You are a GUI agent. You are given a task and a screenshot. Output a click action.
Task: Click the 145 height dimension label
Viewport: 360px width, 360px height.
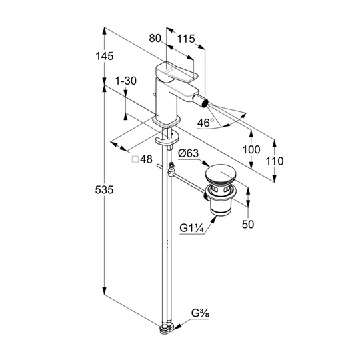pos(105,56)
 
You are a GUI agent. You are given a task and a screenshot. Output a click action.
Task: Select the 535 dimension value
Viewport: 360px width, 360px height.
pos(104,190)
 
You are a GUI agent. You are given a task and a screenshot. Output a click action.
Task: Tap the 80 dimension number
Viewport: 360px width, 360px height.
pos(155,38)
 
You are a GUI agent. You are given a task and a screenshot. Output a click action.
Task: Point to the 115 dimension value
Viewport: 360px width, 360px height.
pos(186,39)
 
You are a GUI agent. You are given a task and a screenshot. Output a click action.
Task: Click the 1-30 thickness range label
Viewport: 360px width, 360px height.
pos(126,81)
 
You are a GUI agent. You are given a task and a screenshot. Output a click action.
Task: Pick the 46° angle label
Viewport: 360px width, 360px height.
pos(205,123)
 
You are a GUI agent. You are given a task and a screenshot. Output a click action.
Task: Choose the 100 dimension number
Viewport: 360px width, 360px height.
pos(251,150)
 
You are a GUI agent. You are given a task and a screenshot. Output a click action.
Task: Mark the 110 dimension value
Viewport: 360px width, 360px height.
pos(275,161)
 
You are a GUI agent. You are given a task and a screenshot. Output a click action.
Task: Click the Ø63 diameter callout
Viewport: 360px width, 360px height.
pos(188,153)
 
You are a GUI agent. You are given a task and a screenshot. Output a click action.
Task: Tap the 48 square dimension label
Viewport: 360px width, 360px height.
pos(146,159)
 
